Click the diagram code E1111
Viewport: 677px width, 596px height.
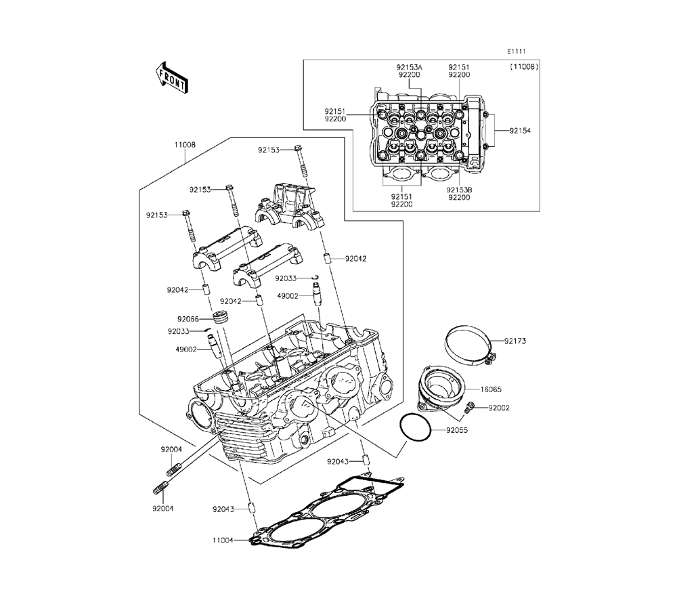point(517,51)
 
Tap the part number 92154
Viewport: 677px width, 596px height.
point(520,131)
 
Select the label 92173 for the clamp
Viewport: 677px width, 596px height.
point(515,341)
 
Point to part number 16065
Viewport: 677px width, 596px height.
point(491,389)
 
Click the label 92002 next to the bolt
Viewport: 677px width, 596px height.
point(499,408)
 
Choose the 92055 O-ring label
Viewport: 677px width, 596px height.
point(457,430)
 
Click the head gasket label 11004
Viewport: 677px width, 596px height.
point(223,540)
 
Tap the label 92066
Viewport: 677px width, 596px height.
point(188,319)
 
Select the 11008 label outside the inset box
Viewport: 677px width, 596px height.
point(185,145)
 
